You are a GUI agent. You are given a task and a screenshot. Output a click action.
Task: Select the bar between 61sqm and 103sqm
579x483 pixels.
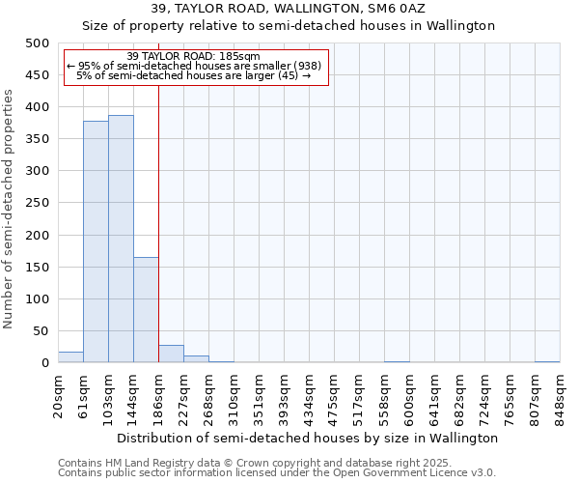point(96,241)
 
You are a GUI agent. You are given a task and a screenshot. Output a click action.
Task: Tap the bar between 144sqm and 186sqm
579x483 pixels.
point(146,309)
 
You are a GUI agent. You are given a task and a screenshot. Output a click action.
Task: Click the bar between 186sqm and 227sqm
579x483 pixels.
point(171,354)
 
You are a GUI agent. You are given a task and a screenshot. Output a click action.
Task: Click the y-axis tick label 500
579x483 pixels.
point(37,43)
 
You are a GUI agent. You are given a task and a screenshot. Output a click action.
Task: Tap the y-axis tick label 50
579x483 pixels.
point(41,331)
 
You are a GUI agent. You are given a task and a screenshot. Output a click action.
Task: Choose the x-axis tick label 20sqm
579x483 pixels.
point(58,397)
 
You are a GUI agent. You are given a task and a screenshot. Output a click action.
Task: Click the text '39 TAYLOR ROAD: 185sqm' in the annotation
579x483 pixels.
point(193,57)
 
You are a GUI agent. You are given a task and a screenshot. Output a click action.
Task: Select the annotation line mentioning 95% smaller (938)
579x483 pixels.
point(193,66)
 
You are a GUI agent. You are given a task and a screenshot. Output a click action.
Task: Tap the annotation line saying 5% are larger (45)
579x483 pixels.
point(193,75)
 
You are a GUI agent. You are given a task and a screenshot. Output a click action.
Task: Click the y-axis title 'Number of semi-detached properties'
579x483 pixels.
point(10,209)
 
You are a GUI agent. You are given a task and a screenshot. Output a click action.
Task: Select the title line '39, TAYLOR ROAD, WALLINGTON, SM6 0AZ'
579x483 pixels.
point(289,9)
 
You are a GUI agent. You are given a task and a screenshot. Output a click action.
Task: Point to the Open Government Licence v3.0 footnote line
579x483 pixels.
point(277,473)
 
